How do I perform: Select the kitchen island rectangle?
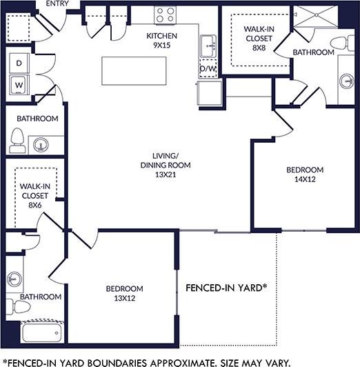click(134, 69)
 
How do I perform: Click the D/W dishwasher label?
click(208, 69)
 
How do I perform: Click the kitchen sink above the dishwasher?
click(208, 48)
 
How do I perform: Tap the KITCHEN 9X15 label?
click(162, 40)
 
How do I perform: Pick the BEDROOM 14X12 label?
click(304, 175)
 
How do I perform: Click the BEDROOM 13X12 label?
click(124, 293)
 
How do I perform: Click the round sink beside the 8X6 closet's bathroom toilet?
click(39, 146)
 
